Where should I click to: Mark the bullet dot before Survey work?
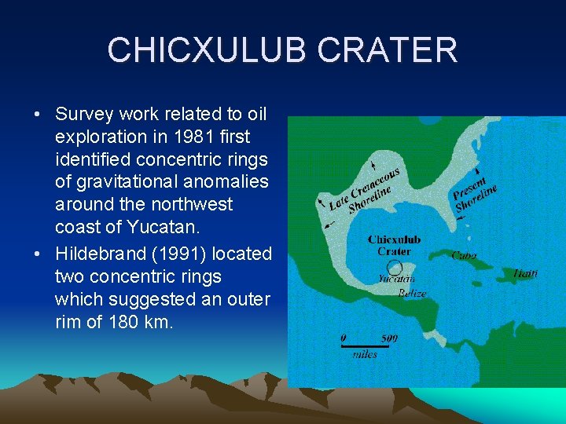point(38,115)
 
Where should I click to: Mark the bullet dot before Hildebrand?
point(38,254)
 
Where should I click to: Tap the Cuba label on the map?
point(463,255)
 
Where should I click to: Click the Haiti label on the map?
point(525,273)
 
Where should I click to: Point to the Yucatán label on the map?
point(397,279)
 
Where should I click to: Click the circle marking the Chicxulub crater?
point(395,267)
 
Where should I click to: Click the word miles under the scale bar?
point(365,355)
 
